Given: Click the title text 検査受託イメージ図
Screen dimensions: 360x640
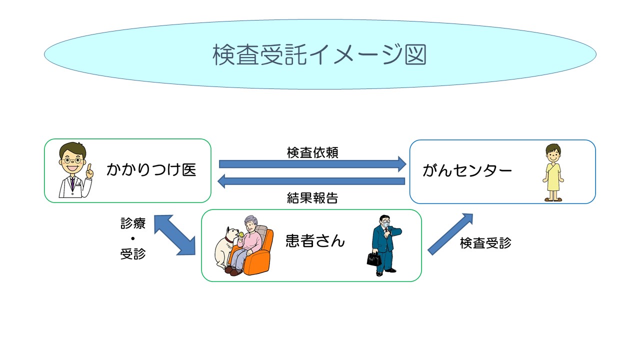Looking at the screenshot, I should click(x=319, y=54).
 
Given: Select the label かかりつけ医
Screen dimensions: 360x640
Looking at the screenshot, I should click(x=151, y=170).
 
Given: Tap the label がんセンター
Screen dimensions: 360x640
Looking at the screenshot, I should click(x=467, y=171).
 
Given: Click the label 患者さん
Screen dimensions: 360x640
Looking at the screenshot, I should click(x=315, y=241).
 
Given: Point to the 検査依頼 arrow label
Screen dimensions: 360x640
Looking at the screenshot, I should click(x=312, y=152).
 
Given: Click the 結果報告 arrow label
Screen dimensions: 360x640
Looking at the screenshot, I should click(x=312, y=198).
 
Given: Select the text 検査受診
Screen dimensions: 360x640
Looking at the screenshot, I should click(x=485, y=243).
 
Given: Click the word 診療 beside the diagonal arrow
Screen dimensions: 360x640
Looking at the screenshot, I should click(x=132, y=223).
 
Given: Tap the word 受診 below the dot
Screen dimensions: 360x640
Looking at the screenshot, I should click(x=132, y=253).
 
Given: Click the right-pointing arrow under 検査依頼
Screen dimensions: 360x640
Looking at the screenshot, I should click(x=312, y=163).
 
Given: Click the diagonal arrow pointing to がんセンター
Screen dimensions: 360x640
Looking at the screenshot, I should click(x=450, y=233).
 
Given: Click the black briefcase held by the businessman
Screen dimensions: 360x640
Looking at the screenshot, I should click(x=373, y=258).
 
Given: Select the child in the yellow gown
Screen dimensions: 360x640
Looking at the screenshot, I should click(x=553, y=172).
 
